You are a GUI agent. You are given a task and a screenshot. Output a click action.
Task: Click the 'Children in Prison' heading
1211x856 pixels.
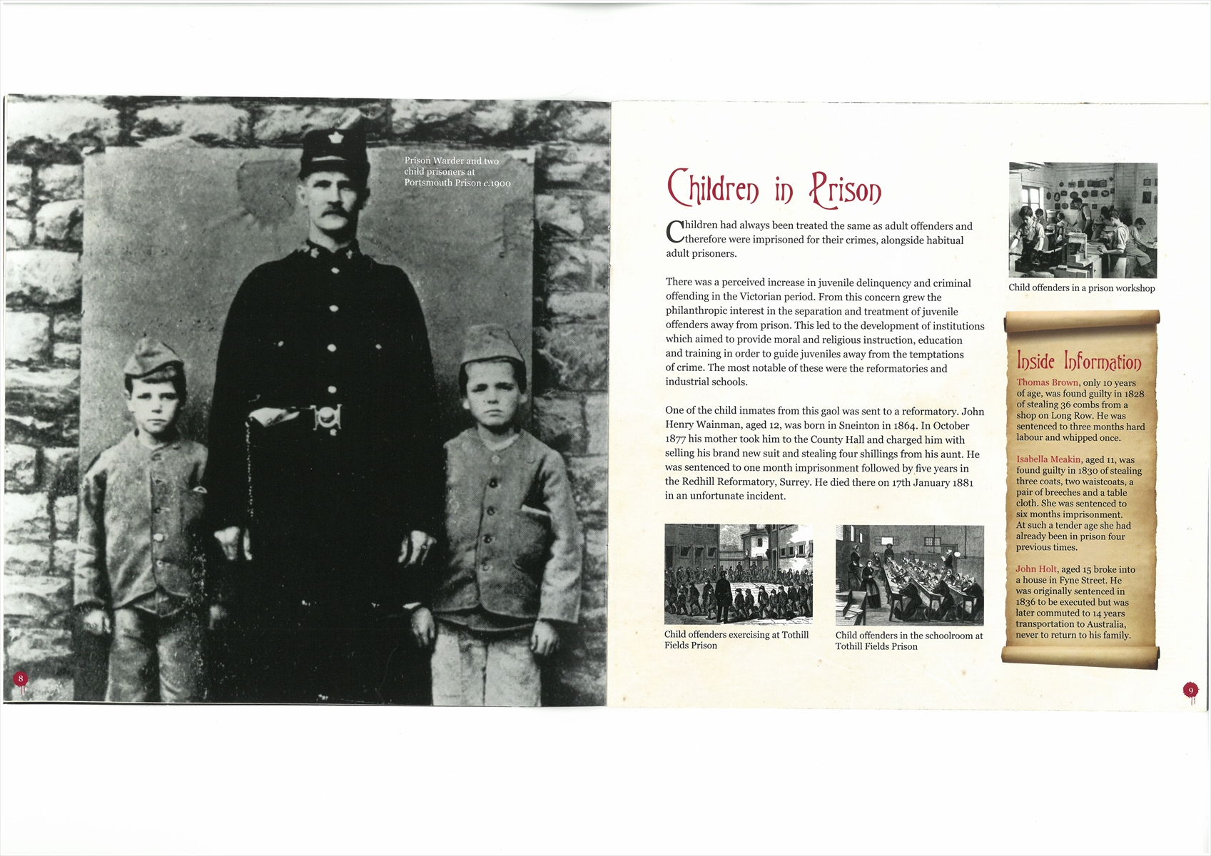[774, 189]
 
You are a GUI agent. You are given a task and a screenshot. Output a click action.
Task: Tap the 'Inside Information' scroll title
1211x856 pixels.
[1078, 361]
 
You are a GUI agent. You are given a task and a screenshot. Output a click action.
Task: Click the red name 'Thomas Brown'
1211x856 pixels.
[1047, 383]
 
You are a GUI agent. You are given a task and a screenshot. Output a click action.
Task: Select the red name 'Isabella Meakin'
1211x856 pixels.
[1049, 459]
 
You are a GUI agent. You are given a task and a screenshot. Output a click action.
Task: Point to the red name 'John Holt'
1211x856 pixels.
[1036, 569]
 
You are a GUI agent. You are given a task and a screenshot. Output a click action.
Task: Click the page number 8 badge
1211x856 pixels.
[21, 678]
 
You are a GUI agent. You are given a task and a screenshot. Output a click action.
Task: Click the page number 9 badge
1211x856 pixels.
[1190, 690]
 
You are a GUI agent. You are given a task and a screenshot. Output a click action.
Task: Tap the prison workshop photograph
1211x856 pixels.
[1083, 220]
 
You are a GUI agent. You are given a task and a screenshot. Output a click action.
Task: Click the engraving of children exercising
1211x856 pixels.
[738, 574]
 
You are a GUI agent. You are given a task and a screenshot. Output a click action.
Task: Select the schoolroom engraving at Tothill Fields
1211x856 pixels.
[909, 575]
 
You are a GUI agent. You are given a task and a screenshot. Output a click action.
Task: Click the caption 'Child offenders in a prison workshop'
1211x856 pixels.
[1081, 288]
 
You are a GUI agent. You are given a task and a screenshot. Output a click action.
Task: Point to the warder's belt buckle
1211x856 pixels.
[326, 417]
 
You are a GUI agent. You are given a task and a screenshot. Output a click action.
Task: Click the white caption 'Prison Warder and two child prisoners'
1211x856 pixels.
[457, 172]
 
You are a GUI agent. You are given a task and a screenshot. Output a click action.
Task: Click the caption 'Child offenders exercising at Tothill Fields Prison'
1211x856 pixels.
[736, 640]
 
